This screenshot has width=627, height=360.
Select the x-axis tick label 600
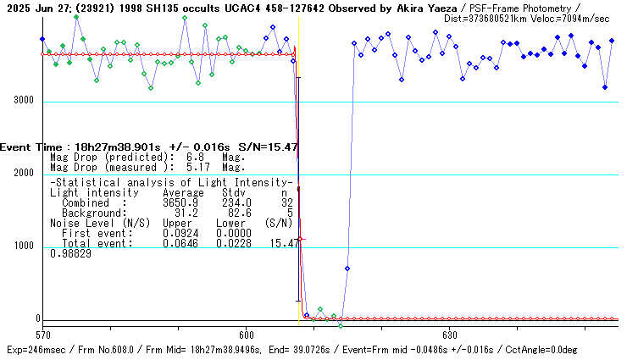(x=247, y=334)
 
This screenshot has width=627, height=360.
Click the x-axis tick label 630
(x=449, y=334)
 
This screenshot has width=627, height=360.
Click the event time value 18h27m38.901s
(x=116, y=147)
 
